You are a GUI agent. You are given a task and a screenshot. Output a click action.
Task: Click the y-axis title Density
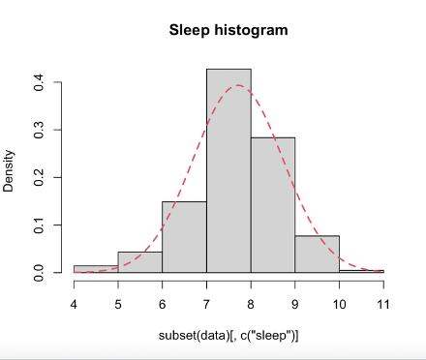11,170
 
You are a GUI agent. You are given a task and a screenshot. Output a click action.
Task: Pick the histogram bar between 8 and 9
273,205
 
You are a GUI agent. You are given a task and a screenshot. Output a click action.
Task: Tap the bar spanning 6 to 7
184,237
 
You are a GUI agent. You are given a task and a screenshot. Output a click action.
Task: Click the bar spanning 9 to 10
318,255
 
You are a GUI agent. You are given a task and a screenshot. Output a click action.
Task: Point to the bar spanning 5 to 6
139,262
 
